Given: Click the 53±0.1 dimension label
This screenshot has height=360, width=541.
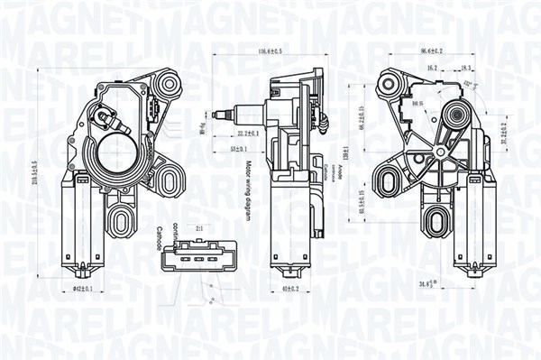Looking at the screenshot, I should click(x=239, y=147).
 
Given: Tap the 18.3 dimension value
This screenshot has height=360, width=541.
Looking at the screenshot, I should click(x=465, y=67).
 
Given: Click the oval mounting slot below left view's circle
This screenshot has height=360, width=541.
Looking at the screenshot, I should click(x=124, y=217).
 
